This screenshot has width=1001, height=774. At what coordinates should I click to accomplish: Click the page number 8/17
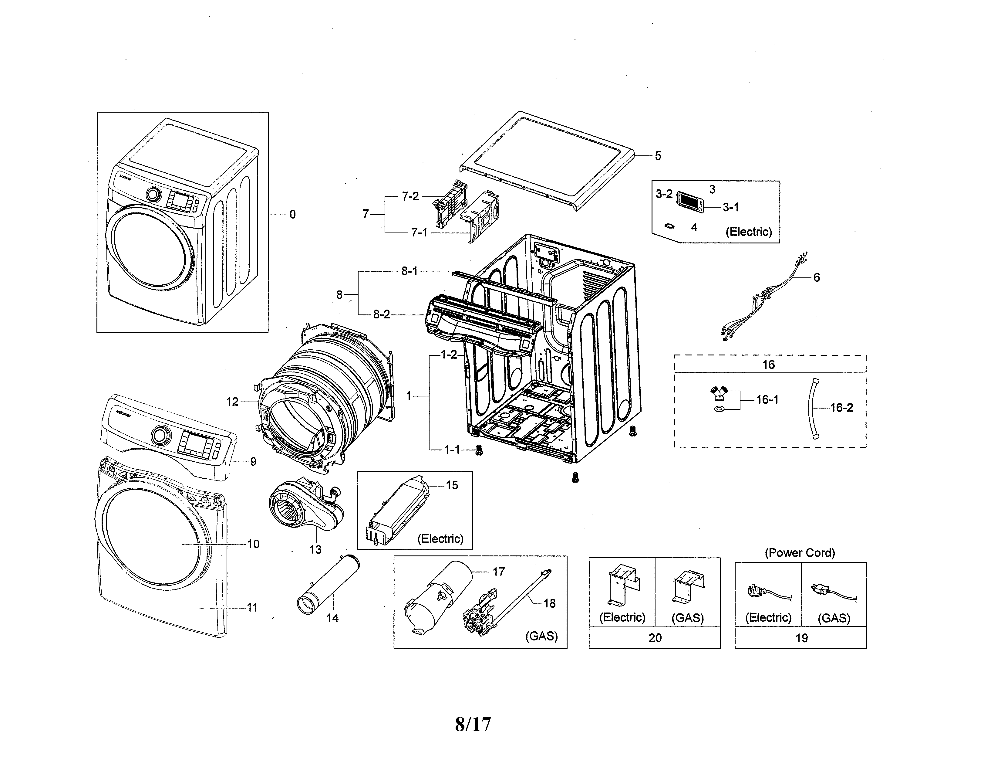pos(473,725)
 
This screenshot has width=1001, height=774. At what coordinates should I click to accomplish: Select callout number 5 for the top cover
pos(658,156)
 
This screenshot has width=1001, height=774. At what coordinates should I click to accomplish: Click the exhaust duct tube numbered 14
pos(328,585)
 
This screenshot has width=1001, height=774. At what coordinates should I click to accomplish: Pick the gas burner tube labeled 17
pos(440,596)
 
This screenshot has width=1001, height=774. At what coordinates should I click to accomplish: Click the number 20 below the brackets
pos(655,638)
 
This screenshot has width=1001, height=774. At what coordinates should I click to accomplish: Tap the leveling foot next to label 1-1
pos(479,450)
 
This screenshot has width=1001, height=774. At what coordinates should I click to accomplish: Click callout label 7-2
pos(410,196)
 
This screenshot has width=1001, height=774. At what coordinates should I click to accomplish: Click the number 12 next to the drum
pos(232,402)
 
